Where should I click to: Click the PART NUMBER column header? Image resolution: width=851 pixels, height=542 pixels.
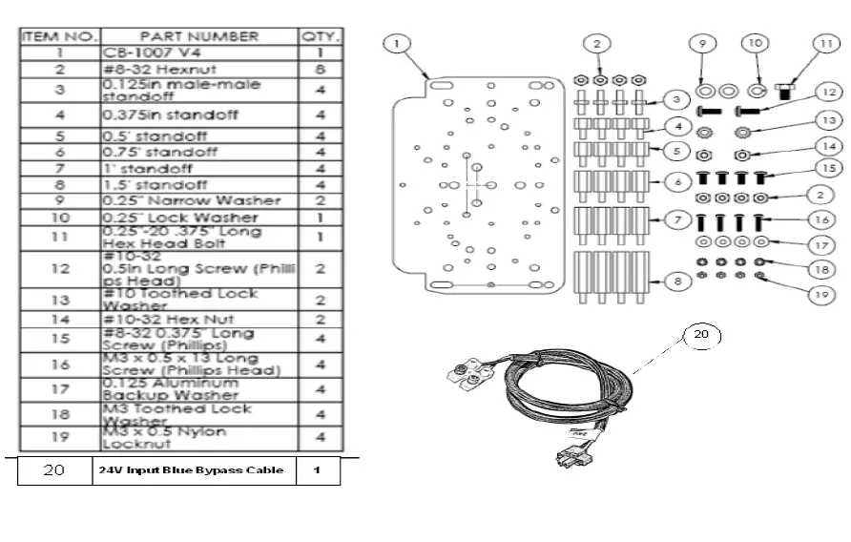tap(198, 36)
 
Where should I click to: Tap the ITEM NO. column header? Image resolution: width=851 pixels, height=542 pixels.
tap(59, 36)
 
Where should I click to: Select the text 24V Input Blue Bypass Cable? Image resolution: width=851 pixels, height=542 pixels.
tap(192, 470)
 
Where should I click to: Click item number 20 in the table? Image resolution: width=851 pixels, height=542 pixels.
tap(54, 470)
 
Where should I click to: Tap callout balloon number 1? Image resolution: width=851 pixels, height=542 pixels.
tap(398, 43)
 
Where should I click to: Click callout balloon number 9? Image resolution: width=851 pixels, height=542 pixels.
tap(701, 44)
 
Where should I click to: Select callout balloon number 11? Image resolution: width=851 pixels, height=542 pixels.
tap(825, 44)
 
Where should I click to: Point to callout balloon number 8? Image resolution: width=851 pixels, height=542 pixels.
tap(675, 281)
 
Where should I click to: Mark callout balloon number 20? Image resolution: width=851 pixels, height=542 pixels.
tap(702, 335)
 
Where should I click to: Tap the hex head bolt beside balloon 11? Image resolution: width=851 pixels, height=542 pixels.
tap(784, 92)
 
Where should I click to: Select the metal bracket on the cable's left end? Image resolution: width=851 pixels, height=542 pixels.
tap(467, 376)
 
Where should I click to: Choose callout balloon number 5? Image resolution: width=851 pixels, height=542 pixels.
tap(675, 150)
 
